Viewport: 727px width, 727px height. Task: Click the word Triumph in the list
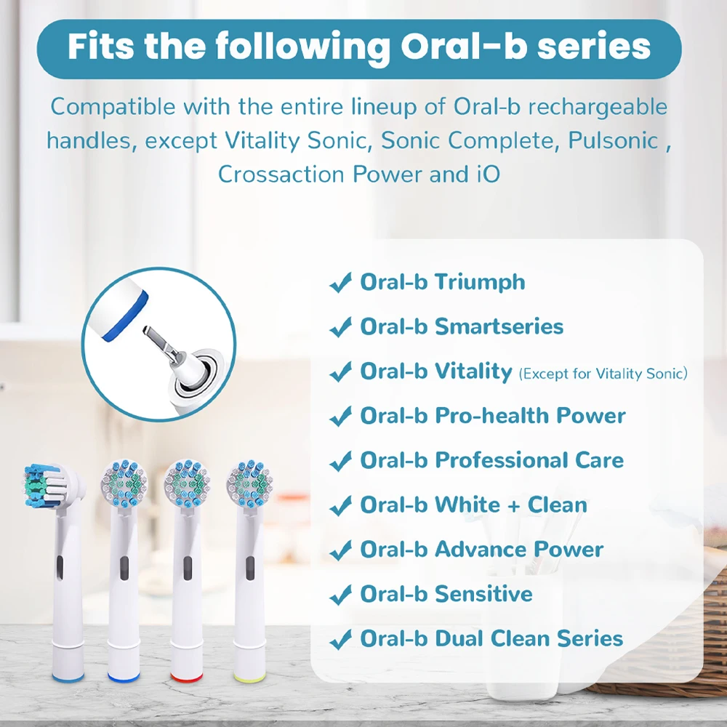480,282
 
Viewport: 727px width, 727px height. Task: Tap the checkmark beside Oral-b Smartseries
340,329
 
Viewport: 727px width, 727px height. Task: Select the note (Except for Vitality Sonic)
603,374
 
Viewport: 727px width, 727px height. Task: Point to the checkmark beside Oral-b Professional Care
340,462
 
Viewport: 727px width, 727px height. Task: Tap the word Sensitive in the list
483,594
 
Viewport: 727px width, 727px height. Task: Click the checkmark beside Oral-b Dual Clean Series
340,640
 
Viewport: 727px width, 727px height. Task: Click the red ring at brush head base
186,676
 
